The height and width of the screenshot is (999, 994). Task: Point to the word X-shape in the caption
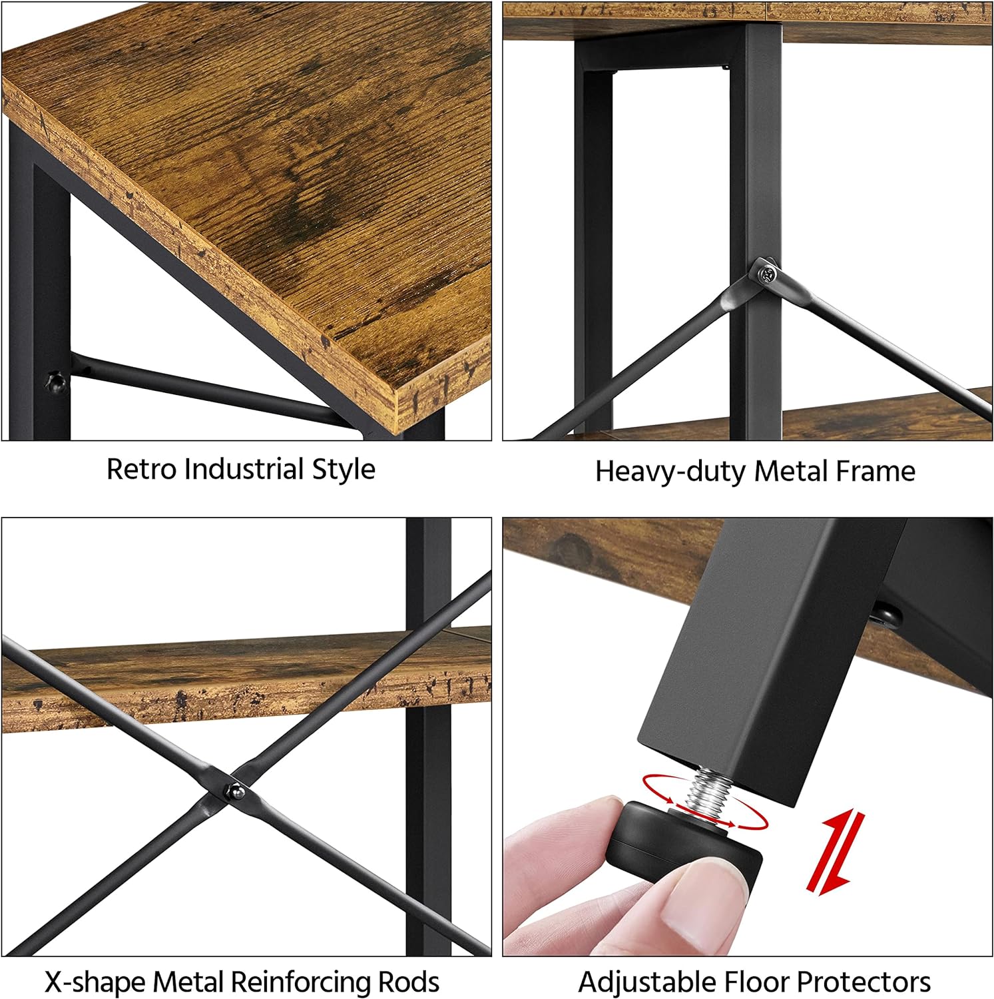point(95,982)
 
